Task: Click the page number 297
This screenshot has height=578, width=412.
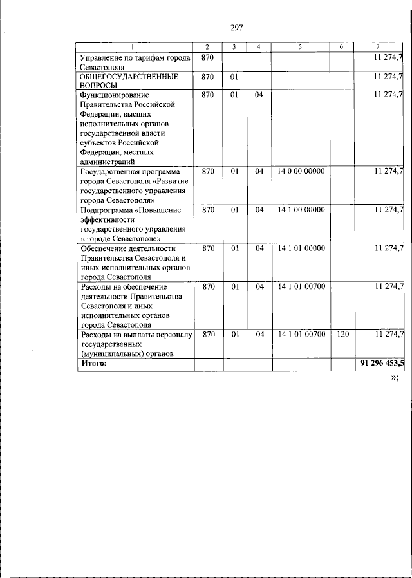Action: (235, 26)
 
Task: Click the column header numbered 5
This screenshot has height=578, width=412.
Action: (300, 47)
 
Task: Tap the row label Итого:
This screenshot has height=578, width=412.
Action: (93, 364)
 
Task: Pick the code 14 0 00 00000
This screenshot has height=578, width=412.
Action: (301, 172)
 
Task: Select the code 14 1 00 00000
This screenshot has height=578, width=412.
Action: (301, 210)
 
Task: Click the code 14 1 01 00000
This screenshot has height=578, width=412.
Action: (301, 248)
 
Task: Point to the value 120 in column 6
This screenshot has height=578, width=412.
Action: (342, 335)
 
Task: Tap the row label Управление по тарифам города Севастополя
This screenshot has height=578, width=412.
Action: (134, 62)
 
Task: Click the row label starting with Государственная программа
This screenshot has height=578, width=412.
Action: (133, 186)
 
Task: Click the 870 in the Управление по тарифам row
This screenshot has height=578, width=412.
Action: (207, 58)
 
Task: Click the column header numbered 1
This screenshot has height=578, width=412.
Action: (133, 47)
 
